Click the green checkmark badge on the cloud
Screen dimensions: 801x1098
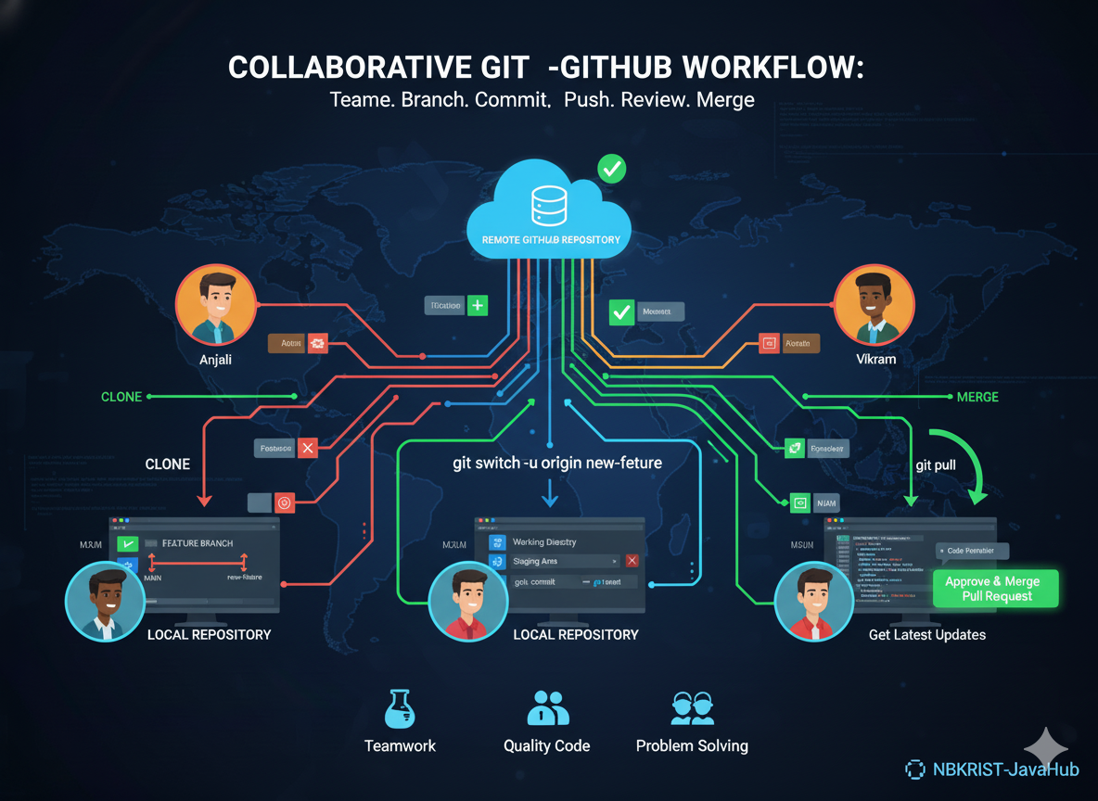click(611, 169)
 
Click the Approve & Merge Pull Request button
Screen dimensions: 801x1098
click(992, 589)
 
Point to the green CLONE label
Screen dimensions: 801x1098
click(121, 397)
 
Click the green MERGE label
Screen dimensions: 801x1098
click(977, 397)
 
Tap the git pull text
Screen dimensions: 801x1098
click(936, 464)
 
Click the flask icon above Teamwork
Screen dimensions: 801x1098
click(399, 708)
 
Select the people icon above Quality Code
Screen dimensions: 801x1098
click(547, 708)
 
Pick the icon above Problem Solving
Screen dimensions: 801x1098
click(692, 708)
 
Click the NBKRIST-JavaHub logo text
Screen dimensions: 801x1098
click(992, 769)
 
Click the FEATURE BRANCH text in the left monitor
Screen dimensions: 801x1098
click(198, 543)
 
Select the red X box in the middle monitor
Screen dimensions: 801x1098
click(632, 561)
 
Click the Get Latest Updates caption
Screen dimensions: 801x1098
click(927, 635)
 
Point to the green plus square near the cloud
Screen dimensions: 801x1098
click(477, 305)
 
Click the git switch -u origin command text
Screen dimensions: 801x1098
click(557, 462)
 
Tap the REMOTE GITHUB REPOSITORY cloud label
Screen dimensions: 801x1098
click(551, 240)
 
